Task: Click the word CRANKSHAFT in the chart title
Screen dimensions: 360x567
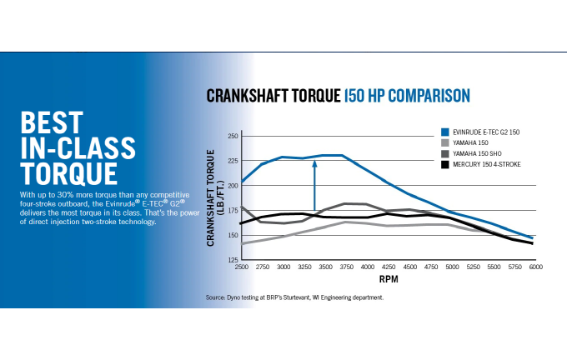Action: [x=241, y=96]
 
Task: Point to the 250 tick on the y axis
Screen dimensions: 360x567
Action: [x=233, y=136]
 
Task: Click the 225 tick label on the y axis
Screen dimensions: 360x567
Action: [x=233, y=161]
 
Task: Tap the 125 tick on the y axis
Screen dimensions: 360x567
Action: [x=233, y=260]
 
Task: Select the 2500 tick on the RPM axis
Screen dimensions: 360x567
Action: [x=242, y=267]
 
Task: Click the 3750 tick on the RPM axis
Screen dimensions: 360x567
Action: [x=346, y=267]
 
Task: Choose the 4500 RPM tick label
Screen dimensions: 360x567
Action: [x=409, y=267]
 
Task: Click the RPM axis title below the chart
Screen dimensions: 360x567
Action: [x=388, y=279]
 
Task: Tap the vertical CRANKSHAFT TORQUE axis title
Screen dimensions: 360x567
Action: [x=214, y=197]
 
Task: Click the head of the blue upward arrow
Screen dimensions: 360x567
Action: [x=315, y=164]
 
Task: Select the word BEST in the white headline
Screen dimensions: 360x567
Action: [x=51, y=123]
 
